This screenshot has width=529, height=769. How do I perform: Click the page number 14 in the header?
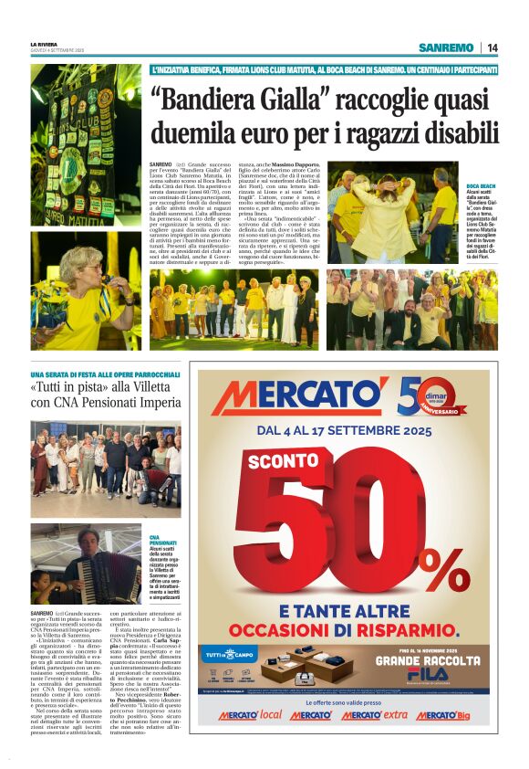492,47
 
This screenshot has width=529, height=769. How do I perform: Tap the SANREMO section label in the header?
446,47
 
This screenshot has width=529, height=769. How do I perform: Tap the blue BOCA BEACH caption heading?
481,185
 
